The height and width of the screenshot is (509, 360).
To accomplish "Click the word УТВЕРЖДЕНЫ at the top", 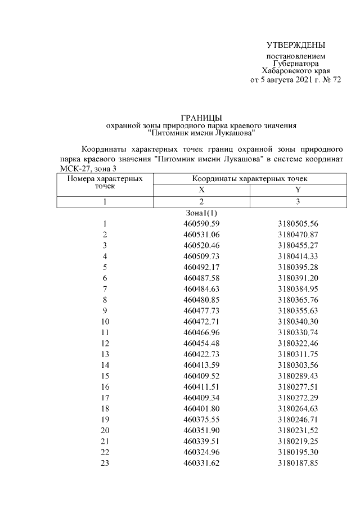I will click(296, 45).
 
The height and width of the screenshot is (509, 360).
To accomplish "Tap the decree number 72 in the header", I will click(335, 80).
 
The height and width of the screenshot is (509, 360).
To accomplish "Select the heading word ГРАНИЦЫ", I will click(201, 116).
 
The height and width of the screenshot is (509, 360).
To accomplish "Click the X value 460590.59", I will click(201, 224).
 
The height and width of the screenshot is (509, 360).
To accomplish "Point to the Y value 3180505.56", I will click(298, 224).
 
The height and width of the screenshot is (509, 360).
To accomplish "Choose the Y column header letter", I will click(298, 190).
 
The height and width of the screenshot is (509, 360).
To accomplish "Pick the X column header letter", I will click(201, 190).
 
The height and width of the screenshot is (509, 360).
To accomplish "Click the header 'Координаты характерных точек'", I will click(249, 178).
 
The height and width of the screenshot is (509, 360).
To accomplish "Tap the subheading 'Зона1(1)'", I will click(201, 213).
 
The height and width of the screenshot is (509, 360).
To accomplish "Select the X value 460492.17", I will click(201, 267).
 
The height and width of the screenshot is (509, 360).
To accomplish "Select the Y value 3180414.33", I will click(298, 256).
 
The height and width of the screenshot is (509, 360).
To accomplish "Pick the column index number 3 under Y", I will click(298, 201).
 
